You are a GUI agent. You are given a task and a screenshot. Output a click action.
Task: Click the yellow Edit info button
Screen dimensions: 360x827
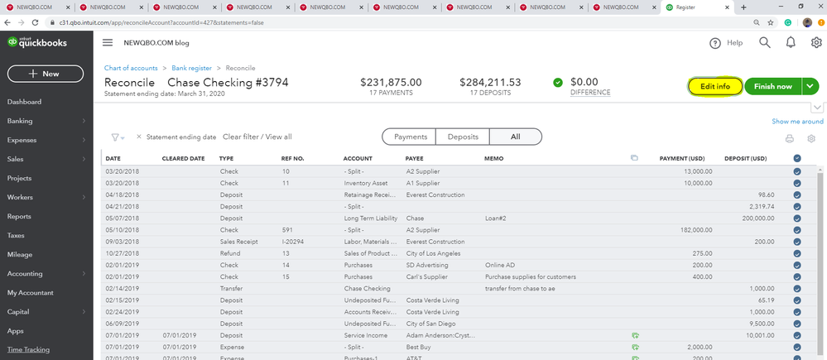click(x=714, y=86)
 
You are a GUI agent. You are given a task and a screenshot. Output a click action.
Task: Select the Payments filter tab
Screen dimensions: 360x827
click(x=411, y=137)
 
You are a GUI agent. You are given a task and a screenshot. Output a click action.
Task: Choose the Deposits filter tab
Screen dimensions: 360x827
click(x=462, y=137)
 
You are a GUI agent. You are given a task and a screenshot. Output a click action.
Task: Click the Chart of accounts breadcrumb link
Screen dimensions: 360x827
click(x=131, y=68)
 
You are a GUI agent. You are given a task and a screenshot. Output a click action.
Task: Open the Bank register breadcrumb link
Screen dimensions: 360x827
click(x=190, y=68)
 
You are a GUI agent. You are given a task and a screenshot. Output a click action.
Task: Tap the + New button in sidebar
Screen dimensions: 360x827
click(x=45, y=74)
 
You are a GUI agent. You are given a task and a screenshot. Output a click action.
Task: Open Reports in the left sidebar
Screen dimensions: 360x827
click(x=19, y=216)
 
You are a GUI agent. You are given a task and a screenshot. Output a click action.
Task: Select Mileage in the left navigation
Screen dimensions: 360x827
click(x=21, y=255)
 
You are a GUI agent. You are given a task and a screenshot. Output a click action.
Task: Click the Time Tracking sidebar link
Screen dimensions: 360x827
click(x=28, y=349)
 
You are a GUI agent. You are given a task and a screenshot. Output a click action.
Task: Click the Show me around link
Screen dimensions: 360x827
click(x=797, y=122)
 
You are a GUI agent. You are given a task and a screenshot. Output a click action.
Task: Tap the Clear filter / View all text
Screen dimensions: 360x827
click(x=257, y=137)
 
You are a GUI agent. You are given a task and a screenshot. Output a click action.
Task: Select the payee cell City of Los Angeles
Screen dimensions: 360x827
click(x=435, y=253)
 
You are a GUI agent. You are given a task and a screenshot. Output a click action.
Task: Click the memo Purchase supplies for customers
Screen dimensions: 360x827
click(x=530, y=276)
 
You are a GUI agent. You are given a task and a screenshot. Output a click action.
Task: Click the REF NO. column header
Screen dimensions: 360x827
click(x=292, y=158)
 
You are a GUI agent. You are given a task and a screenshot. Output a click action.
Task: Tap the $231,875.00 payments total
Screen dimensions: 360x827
click(x=391, y=82)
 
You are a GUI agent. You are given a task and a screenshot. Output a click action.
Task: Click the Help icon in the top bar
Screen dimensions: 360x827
click(x=716, y=43)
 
